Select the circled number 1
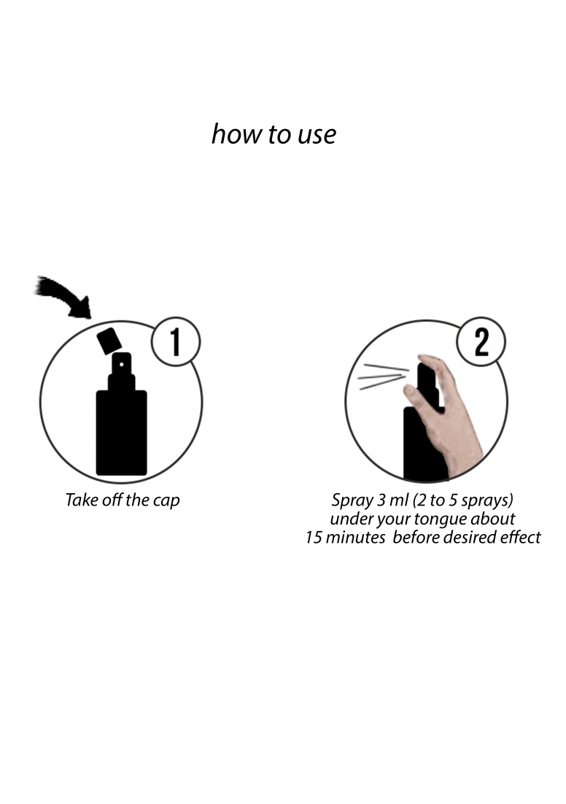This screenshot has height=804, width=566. tap(175, 341)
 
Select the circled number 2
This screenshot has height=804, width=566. tap(481, 341)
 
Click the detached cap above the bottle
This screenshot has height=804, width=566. tap(109, 341)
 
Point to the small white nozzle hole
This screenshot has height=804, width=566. tap(122, 365)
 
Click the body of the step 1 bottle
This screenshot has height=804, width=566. tap(122, 432)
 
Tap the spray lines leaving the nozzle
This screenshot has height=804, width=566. tap(384, 376)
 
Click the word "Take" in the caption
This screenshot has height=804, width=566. tap(80, 500)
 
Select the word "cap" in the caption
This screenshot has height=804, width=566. tap(166, 501)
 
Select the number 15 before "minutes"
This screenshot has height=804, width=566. tap(314, 538)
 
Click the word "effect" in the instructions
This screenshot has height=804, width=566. tap(522, 537)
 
